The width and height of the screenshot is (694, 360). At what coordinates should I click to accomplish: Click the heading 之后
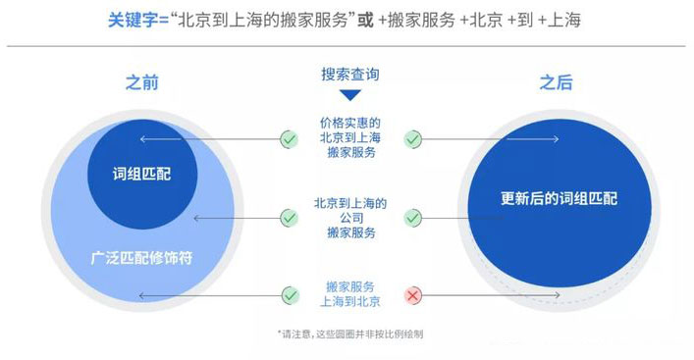tap(556, 83)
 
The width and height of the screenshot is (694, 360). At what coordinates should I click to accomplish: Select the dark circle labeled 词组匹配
tap(143, 172)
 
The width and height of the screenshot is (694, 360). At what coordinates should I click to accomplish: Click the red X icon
tap(413, 294)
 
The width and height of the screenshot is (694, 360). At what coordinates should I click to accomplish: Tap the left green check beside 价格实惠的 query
tap(289, 139)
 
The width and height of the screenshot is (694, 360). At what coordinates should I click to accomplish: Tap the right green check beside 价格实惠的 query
tap(413, 139)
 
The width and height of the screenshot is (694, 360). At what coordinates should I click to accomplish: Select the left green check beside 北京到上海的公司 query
tap(289, 217)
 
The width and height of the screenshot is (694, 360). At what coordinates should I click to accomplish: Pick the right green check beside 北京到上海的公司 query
tap(413, 217)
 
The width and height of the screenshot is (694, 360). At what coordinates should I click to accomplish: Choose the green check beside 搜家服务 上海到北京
tap(289, 294)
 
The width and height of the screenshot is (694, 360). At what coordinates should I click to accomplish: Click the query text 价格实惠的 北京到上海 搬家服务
tap(350, 138)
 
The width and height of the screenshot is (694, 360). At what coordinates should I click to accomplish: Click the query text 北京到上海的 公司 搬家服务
tap(350, 217)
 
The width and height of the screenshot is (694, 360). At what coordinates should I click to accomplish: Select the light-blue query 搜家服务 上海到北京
tap(350, 293)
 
